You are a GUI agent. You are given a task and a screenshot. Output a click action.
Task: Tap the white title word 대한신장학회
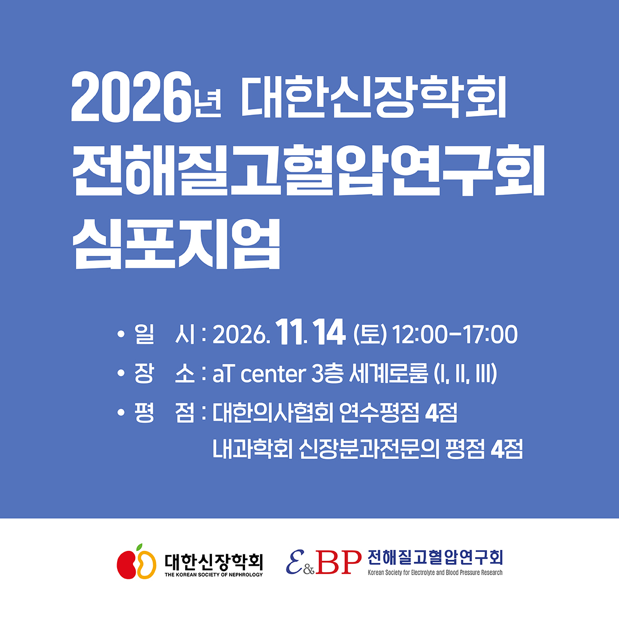(x=373, y=96)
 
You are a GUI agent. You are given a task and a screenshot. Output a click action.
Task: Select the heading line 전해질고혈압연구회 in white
(x=308, y=170)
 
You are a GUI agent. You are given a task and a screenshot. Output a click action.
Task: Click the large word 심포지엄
(x=177, y=244)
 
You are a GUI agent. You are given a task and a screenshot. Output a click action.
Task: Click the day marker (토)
(x=369, y=334)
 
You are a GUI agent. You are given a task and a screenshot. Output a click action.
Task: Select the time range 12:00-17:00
(x=455, y=334)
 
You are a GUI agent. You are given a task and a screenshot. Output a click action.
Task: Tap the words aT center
(x=259, y=373)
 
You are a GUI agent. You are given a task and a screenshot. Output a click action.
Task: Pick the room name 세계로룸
(x=388, y=373)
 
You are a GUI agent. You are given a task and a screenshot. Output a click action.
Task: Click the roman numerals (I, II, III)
(x=465, y=373)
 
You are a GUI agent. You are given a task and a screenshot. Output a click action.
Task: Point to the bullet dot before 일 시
(x=121, y=334)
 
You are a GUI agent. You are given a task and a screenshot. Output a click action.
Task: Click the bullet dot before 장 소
(x=121, y=373)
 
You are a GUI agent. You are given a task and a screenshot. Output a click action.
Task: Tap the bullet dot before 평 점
(x=121, y=413)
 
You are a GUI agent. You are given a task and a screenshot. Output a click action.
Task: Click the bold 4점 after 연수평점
(x=441, y=413)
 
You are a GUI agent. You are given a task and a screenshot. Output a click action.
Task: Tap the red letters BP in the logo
(x=339, y=562)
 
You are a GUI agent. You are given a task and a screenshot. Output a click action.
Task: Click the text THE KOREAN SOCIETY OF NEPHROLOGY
(x=214, y=575)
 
